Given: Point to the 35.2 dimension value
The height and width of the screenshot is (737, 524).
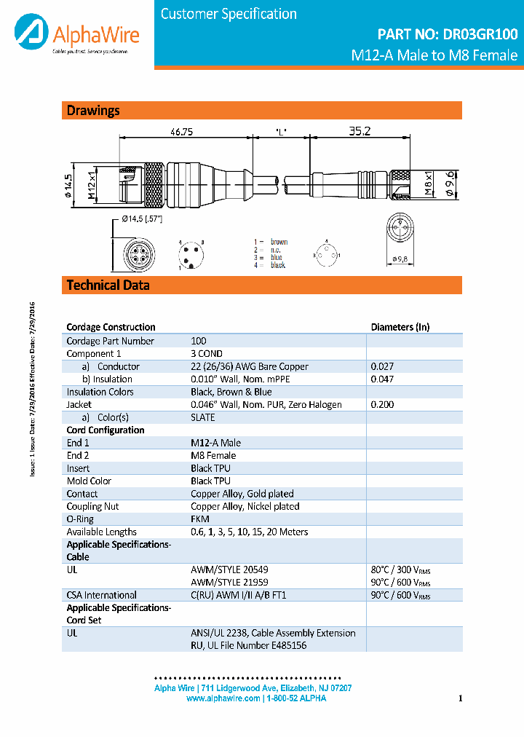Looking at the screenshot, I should pos(360,131).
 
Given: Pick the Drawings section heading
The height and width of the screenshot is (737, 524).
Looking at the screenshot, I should pos(93,111).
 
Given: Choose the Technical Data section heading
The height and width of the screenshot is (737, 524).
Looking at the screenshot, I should pos(108,285).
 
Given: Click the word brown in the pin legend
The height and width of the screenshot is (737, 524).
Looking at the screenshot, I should pos(279,242).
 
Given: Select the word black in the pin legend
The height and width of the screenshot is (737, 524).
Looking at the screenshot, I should pos(278,265).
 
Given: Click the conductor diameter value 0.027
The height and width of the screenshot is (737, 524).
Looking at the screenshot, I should pos(382,366).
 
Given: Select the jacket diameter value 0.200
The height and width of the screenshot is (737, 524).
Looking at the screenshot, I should pos(382,404).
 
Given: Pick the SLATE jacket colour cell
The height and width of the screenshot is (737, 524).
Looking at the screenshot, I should pos(203,417).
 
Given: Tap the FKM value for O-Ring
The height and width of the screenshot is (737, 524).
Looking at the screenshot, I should pos(200,519).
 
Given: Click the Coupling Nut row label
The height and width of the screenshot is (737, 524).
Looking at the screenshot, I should pos(92,506).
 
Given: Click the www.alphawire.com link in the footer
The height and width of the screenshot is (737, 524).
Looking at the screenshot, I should pos(223,698).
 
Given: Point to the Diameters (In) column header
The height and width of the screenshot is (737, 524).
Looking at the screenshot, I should pos(400,327).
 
